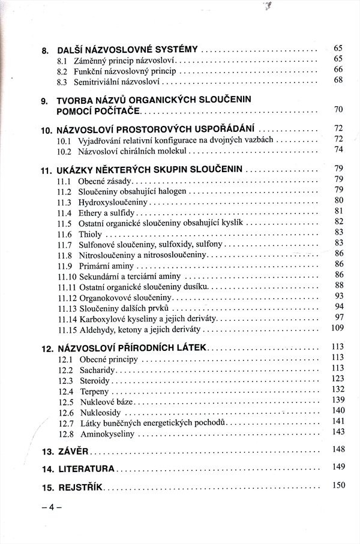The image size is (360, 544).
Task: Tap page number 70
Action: (x=338, y=110)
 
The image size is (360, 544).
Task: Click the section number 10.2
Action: (x=65, y=151)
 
